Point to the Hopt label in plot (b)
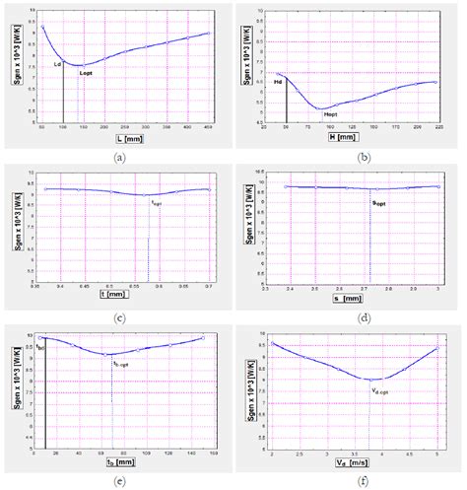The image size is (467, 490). [x=330, y=114]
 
